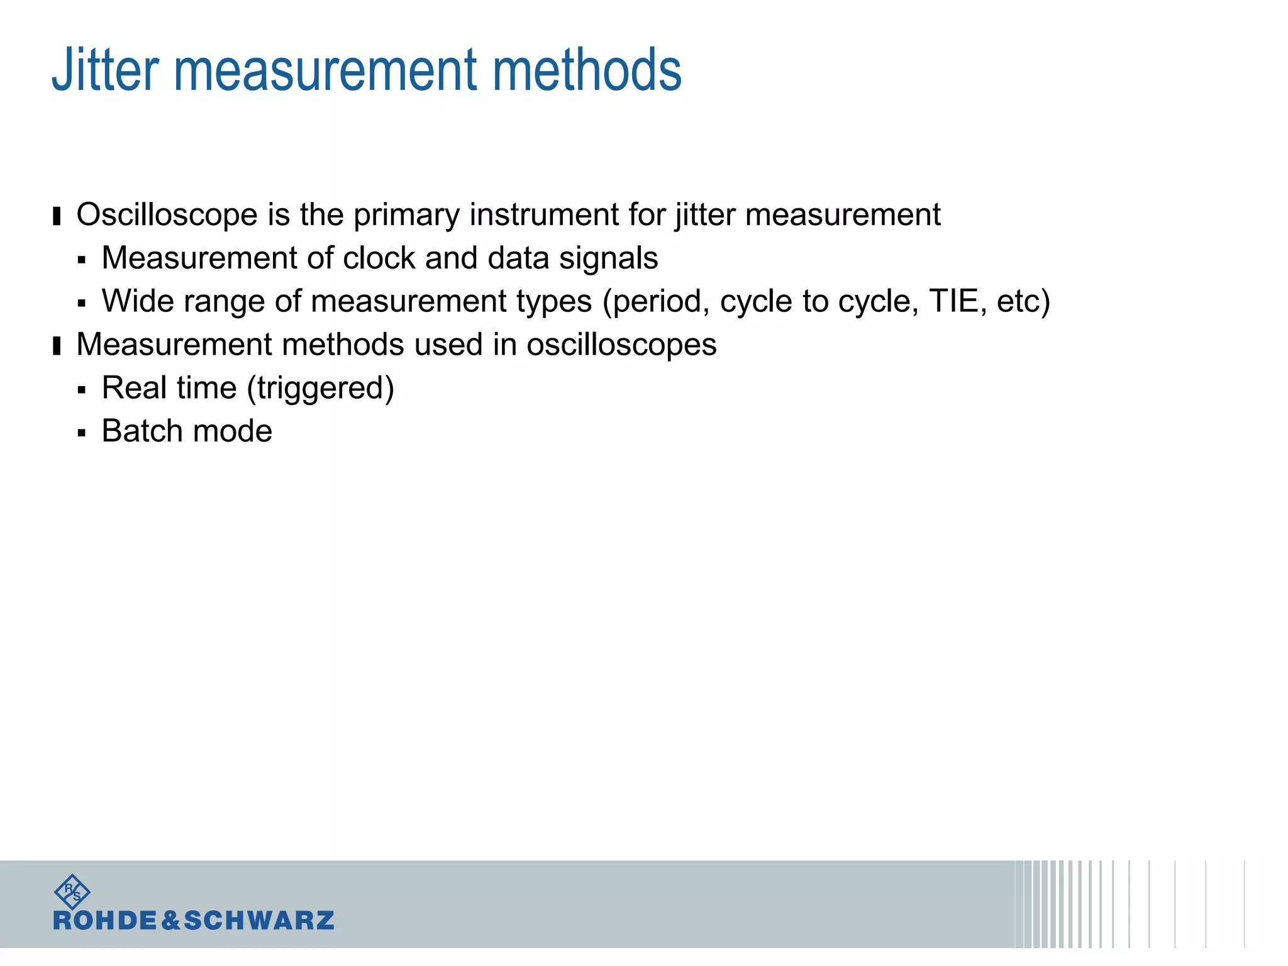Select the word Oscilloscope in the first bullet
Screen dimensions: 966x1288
tap(167, 215)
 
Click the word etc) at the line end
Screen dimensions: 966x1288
tap(1023, 301)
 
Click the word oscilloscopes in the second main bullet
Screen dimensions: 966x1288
tap(621, 345)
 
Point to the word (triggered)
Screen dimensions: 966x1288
tap(321, 389)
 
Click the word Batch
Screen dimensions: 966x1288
tap(143, 431)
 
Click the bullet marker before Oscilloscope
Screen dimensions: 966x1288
tap(57, 216)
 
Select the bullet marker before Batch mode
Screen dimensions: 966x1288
tap(82, 433)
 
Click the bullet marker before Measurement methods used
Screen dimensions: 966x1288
tap(57, 346)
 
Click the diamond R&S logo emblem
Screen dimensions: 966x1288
tap(72, 891)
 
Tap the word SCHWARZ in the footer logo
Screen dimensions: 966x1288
tap(259, 921)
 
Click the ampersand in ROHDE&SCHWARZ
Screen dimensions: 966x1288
tap(171, 921)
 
